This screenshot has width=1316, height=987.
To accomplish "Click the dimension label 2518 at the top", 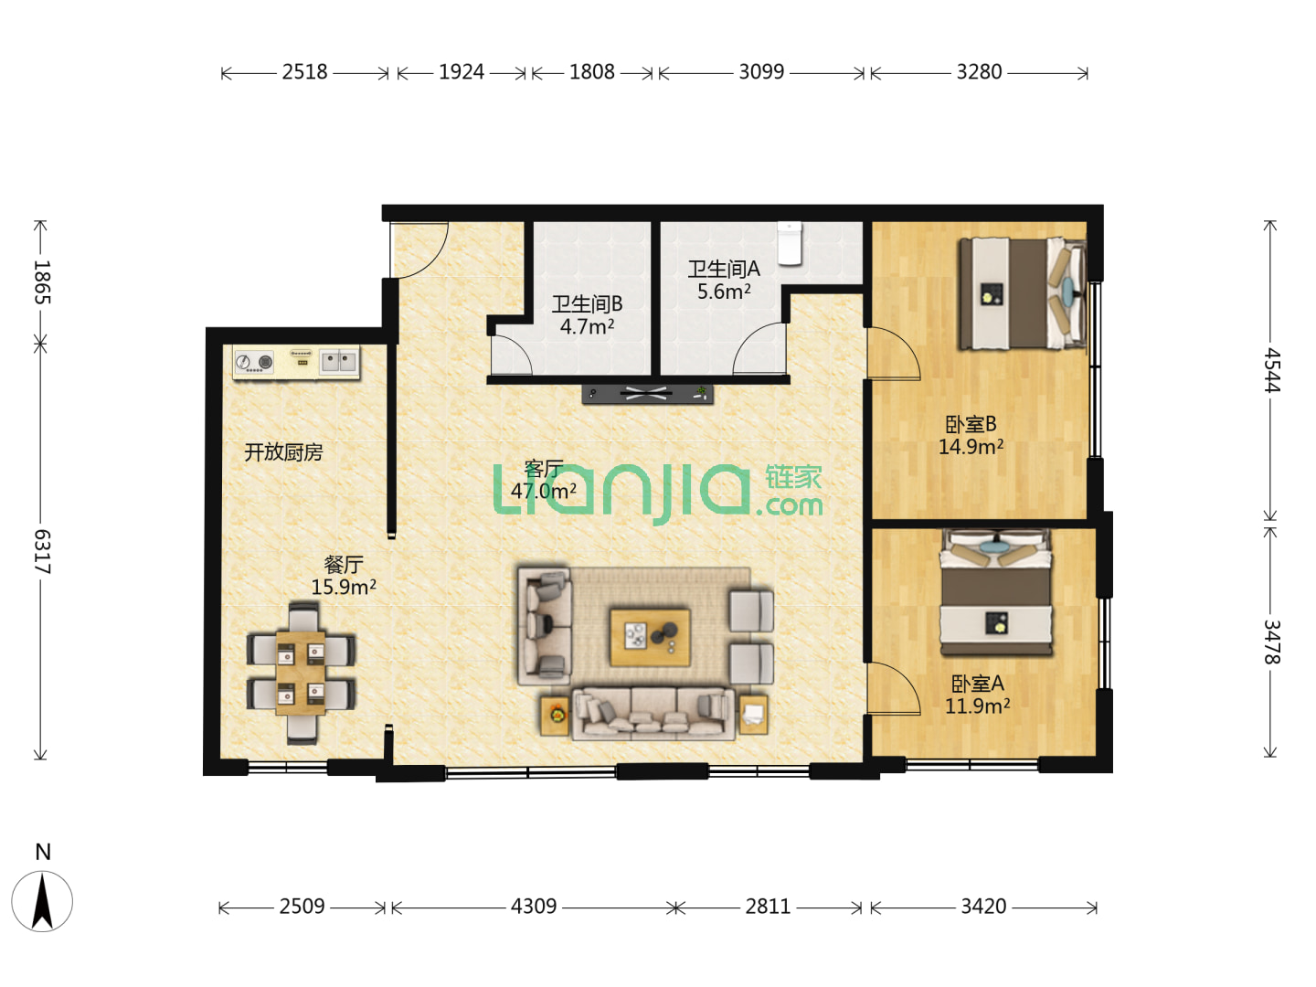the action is tap(304, 72).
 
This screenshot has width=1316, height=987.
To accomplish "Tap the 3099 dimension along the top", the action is tap(761, 72).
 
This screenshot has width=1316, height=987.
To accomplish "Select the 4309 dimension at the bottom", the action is tap(534, 906).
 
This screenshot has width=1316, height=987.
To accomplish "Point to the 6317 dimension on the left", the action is tap(42, 551).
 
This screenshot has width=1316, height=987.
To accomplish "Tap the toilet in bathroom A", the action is tap(790, 243).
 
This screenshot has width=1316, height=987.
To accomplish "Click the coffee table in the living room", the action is tap(650, 637).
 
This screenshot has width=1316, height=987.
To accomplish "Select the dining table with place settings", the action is tap(301, 673).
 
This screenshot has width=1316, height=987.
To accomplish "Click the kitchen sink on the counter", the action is tap(339, 361).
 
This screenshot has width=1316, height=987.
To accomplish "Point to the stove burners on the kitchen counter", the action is tap(254, 362).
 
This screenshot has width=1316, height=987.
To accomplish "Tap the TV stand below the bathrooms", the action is tap(648, 394).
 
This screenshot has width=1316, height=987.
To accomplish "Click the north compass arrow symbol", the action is tap(42, 901).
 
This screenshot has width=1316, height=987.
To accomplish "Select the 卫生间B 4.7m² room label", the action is tap(587, 315).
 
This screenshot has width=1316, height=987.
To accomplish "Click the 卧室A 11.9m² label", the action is tap(977, 695).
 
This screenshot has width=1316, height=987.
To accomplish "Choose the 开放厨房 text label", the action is tap(283, 451).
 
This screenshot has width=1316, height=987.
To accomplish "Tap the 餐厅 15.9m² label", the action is tap(344, 576).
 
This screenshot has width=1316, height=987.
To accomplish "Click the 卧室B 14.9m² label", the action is tap(971, 435).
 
